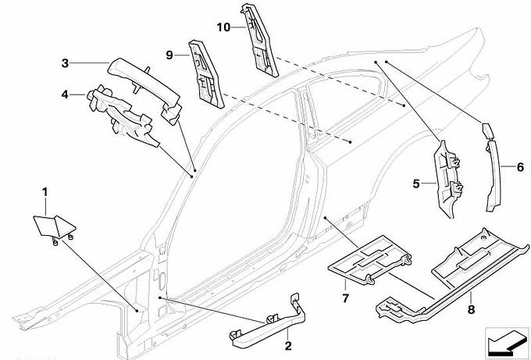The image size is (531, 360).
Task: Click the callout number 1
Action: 45,191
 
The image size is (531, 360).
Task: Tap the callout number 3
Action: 66,63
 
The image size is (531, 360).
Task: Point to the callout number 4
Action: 66,95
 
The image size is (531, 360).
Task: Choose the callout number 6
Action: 519,166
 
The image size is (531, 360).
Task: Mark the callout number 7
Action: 344,298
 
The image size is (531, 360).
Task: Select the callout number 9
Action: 168,55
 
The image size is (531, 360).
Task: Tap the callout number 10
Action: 223,26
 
